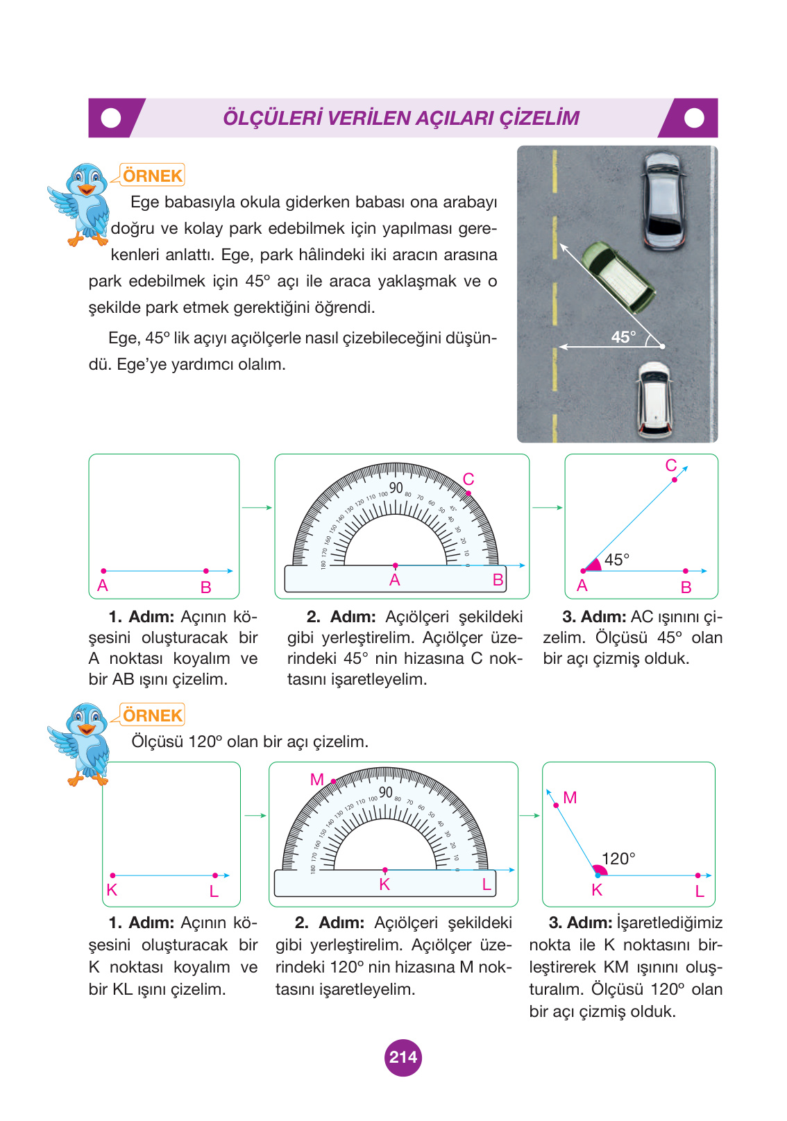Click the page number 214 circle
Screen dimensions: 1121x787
(403, 1057)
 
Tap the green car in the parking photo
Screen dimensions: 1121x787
(617, 277)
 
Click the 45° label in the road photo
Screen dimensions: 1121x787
(623, 337)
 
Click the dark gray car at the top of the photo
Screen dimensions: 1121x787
(663, 201)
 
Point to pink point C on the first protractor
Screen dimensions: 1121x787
(468, 493)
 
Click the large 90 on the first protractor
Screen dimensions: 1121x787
(396, 488)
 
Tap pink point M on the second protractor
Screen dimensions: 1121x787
(333, 781)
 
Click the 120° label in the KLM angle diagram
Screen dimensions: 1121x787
(618, 859)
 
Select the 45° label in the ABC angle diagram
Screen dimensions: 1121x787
(616, 560)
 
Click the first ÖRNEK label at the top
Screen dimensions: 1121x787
(153, 176)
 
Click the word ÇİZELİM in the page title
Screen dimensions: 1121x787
(539, 118)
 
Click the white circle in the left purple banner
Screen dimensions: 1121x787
(111, 118)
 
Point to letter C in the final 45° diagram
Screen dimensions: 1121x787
(670, 465)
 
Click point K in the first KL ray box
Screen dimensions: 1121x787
(112, 875)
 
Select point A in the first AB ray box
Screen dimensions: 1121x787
(103, 571)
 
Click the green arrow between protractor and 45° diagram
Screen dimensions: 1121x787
(547, 508)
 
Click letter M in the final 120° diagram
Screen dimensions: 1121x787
(570, 798)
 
